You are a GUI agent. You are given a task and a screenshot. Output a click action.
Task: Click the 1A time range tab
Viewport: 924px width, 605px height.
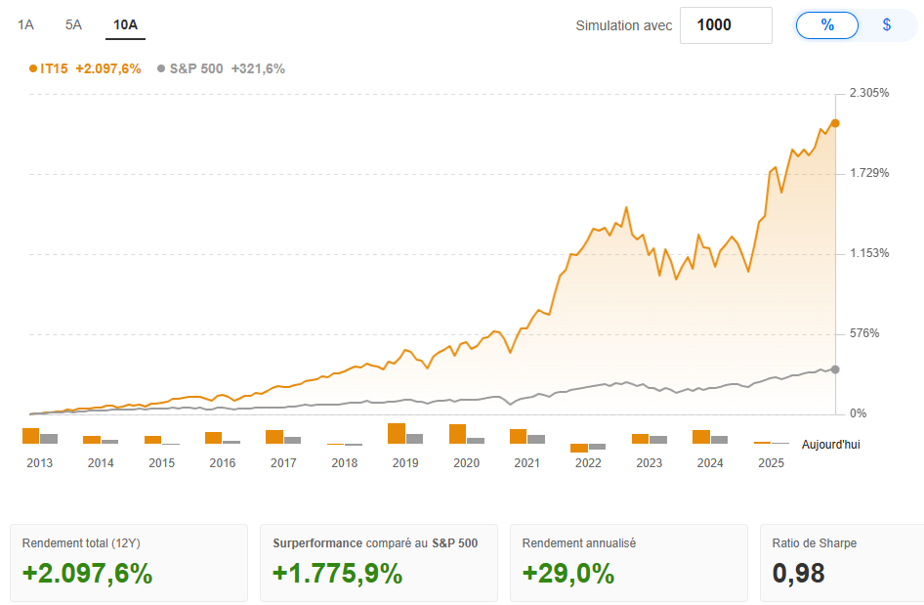25,24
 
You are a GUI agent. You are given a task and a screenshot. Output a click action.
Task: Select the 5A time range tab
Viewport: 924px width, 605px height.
73,24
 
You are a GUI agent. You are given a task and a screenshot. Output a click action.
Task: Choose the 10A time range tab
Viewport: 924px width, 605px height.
125,24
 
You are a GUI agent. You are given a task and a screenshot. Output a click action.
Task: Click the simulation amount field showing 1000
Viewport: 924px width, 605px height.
725,25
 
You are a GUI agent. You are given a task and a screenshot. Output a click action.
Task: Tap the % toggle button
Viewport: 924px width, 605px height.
827,25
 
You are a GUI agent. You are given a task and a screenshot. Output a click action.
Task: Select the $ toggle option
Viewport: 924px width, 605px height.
886,25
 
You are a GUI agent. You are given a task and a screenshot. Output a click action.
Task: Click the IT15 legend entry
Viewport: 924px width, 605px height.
85,68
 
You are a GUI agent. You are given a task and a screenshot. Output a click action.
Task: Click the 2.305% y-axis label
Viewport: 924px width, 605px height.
868,93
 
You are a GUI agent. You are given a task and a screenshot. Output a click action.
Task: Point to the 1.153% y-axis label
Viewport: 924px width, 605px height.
868,253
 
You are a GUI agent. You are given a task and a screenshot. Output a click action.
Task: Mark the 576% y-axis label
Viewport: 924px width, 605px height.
864,333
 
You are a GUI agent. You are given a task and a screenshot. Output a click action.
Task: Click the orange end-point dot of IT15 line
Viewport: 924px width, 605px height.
835,123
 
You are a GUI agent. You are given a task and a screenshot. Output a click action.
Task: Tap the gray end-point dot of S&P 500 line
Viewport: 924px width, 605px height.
835,368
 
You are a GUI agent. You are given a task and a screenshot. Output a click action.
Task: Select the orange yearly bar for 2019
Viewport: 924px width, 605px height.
396,433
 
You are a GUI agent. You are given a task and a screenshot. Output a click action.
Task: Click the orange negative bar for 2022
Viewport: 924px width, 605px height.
579,448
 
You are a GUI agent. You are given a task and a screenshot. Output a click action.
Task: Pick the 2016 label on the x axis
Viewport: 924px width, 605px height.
223,463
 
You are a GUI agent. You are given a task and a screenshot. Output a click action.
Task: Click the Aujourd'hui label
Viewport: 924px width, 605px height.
830,445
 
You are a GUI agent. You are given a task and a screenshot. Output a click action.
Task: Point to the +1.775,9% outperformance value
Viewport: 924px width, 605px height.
337,574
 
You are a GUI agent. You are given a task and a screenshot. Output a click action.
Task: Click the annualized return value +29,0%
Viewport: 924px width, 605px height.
568,574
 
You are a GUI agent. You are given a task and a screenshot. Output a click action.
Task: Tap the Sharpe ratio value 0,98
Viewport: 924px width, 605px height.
798,574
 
